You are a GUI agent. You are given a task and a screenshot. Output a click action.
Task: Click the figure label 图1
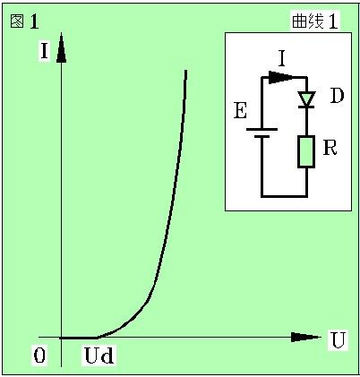tap(25, 21)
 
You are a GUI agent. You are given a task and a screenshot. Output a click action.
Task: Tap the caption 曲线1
tap(315, 21)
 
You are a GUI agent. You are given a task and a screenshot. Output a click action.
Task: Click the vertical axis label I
tap(44, 51)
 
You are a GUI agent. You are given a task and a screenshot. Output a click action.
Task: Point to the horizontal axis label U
tap(338, 340)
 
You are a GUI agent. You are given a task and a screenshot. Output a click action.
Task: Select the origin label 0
tap(39, 356)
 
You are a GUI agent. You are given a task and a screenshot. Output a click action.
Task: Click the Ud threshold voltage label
tap(99, 356)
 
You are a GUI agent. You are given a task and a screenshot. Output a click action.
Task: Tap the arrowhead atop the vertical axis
tap(61, 47)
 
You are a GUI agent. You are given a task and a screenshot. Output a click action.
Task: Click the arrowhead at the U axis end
tap(304, 338)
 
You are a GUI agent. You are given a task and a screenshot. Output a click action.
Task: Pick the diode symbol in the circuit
tap(306, 99)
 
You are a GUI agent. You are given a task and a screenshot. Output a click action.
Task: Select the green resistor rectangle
tap(306, 151)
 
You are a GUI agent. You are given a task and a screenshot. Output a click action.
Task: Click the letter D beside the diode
tap(337, 96)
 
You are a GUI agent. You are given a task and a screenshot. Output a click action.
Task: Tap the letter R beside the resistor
tap(330, 147)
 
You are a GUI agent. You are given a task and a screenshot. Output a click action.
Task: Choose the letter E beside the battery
tap(240, 111)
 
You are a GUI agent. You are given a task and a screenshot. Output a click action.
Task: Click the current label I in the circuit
tap(282, 59)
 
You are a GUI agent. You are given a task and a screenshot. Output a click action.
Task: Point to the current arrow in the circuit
tap(280, 77)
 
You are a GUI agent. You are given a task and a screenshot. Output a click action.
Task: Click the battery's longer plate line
tap(261, 130)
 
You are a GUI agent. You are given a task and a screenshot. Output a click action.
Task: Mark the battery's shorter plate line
tap(261, 137)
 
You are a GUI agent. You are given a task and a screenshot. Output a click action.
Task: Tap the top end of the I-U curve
tap(186, 71)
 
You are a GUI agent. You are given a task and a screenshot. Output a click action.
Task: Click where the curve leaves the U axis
tap(98, 338)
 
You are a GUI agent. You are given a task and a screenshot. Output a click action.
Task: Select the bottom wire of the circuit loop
tap(284, 196)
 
